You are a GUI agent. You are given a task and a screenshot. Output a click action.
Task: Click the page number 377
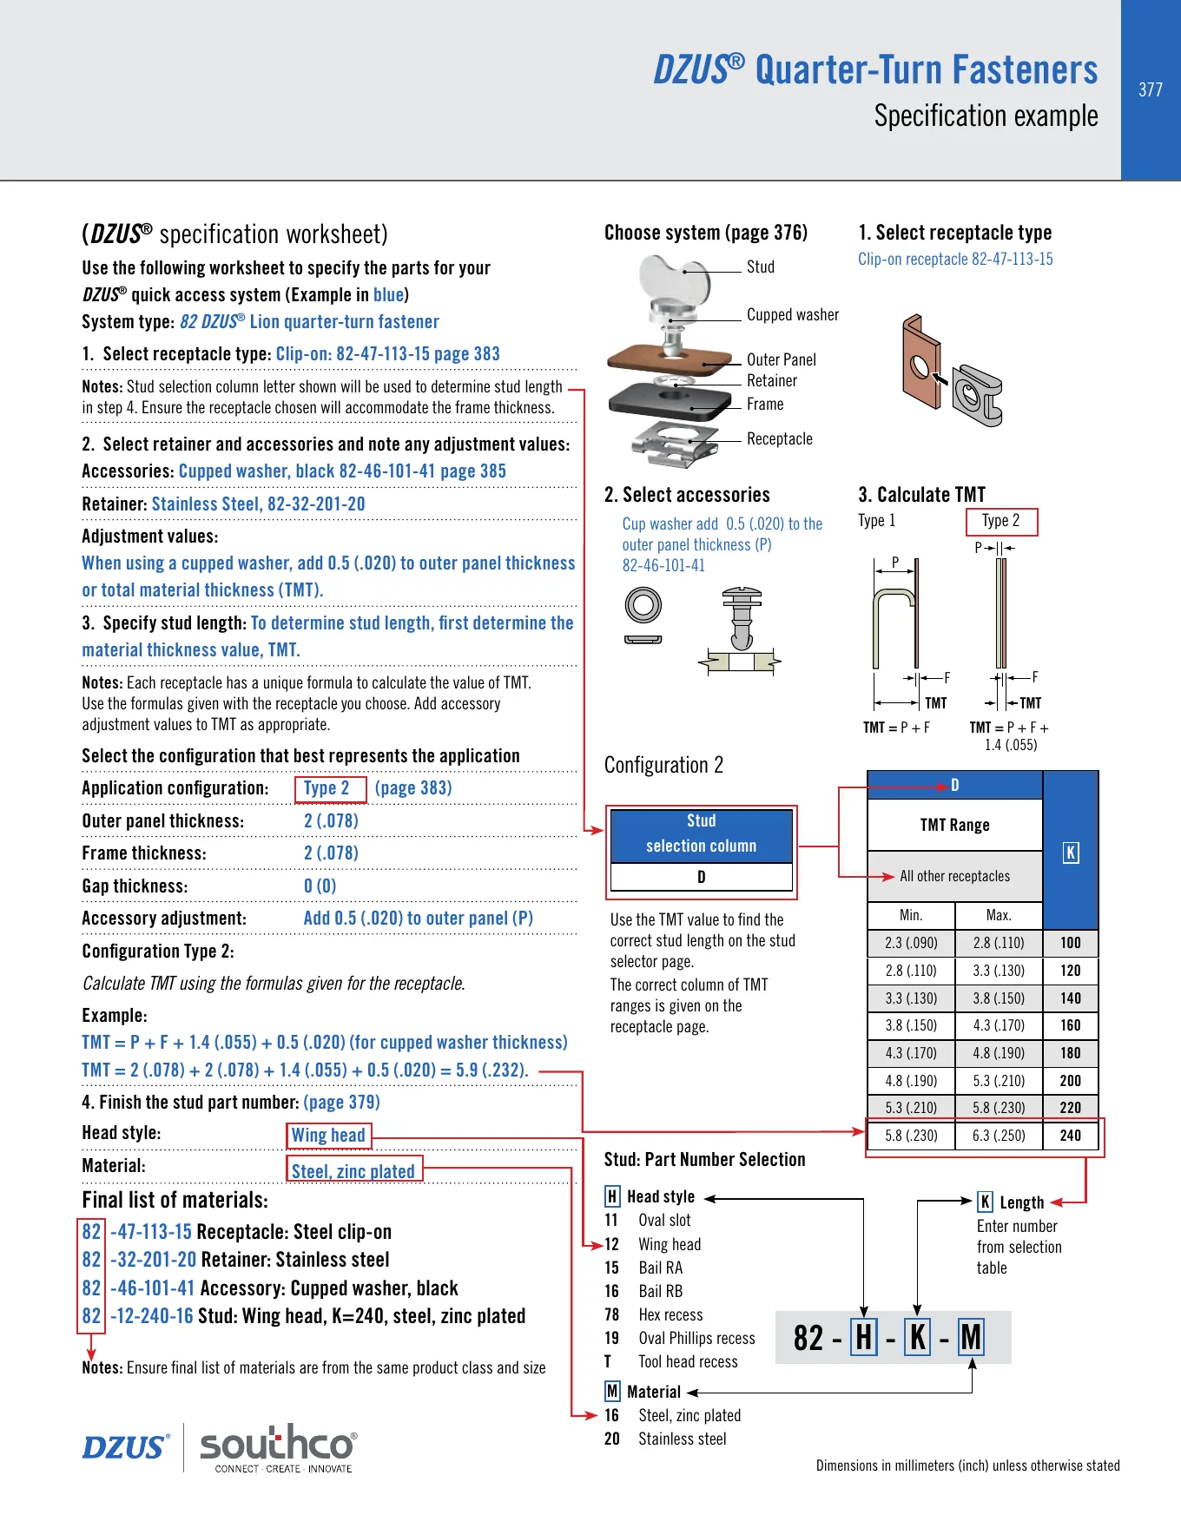point(1151,89)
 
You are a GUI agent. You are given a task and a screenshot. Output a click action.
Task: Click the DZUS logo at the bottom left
point(125,1447)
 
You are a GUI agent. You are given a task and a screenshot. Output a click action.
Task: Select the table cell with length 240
point(1071,1136)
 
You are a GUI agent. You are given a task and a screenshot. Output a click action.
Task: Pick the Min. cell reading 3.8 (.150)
point(911,1025)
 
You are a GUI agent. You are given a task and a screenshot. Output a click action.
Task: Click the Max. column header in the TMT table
point(999,915)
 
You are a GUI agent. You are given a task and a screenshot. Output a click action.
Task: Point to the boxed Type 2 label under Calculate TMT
point(1001,521)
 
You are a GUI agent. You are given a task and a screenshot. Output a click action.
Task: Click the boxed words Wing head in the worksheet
point(328,1136)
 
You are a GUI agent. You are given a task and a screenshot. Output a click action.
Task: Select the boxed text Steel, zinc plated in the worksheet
point(353,1171)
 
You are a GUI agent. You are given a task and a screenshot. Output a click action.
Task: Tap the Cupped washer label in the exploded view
point(793,315)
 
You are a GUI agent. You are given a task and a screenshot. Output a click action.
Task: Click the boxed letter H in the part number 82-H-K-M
point(864,1338)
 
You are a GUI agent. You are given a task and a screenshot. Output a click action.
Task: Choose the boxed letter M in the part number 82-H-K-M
point(971,1338)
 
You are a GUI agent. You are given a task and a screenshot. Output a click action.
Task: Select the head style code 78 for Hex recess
point(611,1315)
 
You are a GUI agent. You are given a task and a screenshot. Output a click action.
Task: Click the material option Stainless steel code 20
point(665,1439)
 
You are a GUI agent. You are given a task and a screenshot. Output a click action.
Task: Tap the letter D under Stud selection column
point(702,877)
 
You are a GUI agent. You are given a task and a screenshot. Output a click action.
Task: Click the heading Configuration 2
point(663,765)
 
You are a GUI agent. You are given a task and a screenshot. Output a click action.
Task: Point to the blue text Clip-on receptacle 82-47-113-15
point(955,260)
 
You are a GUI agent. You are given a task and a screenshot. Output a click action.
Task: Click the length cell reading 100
point(1071,943)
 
